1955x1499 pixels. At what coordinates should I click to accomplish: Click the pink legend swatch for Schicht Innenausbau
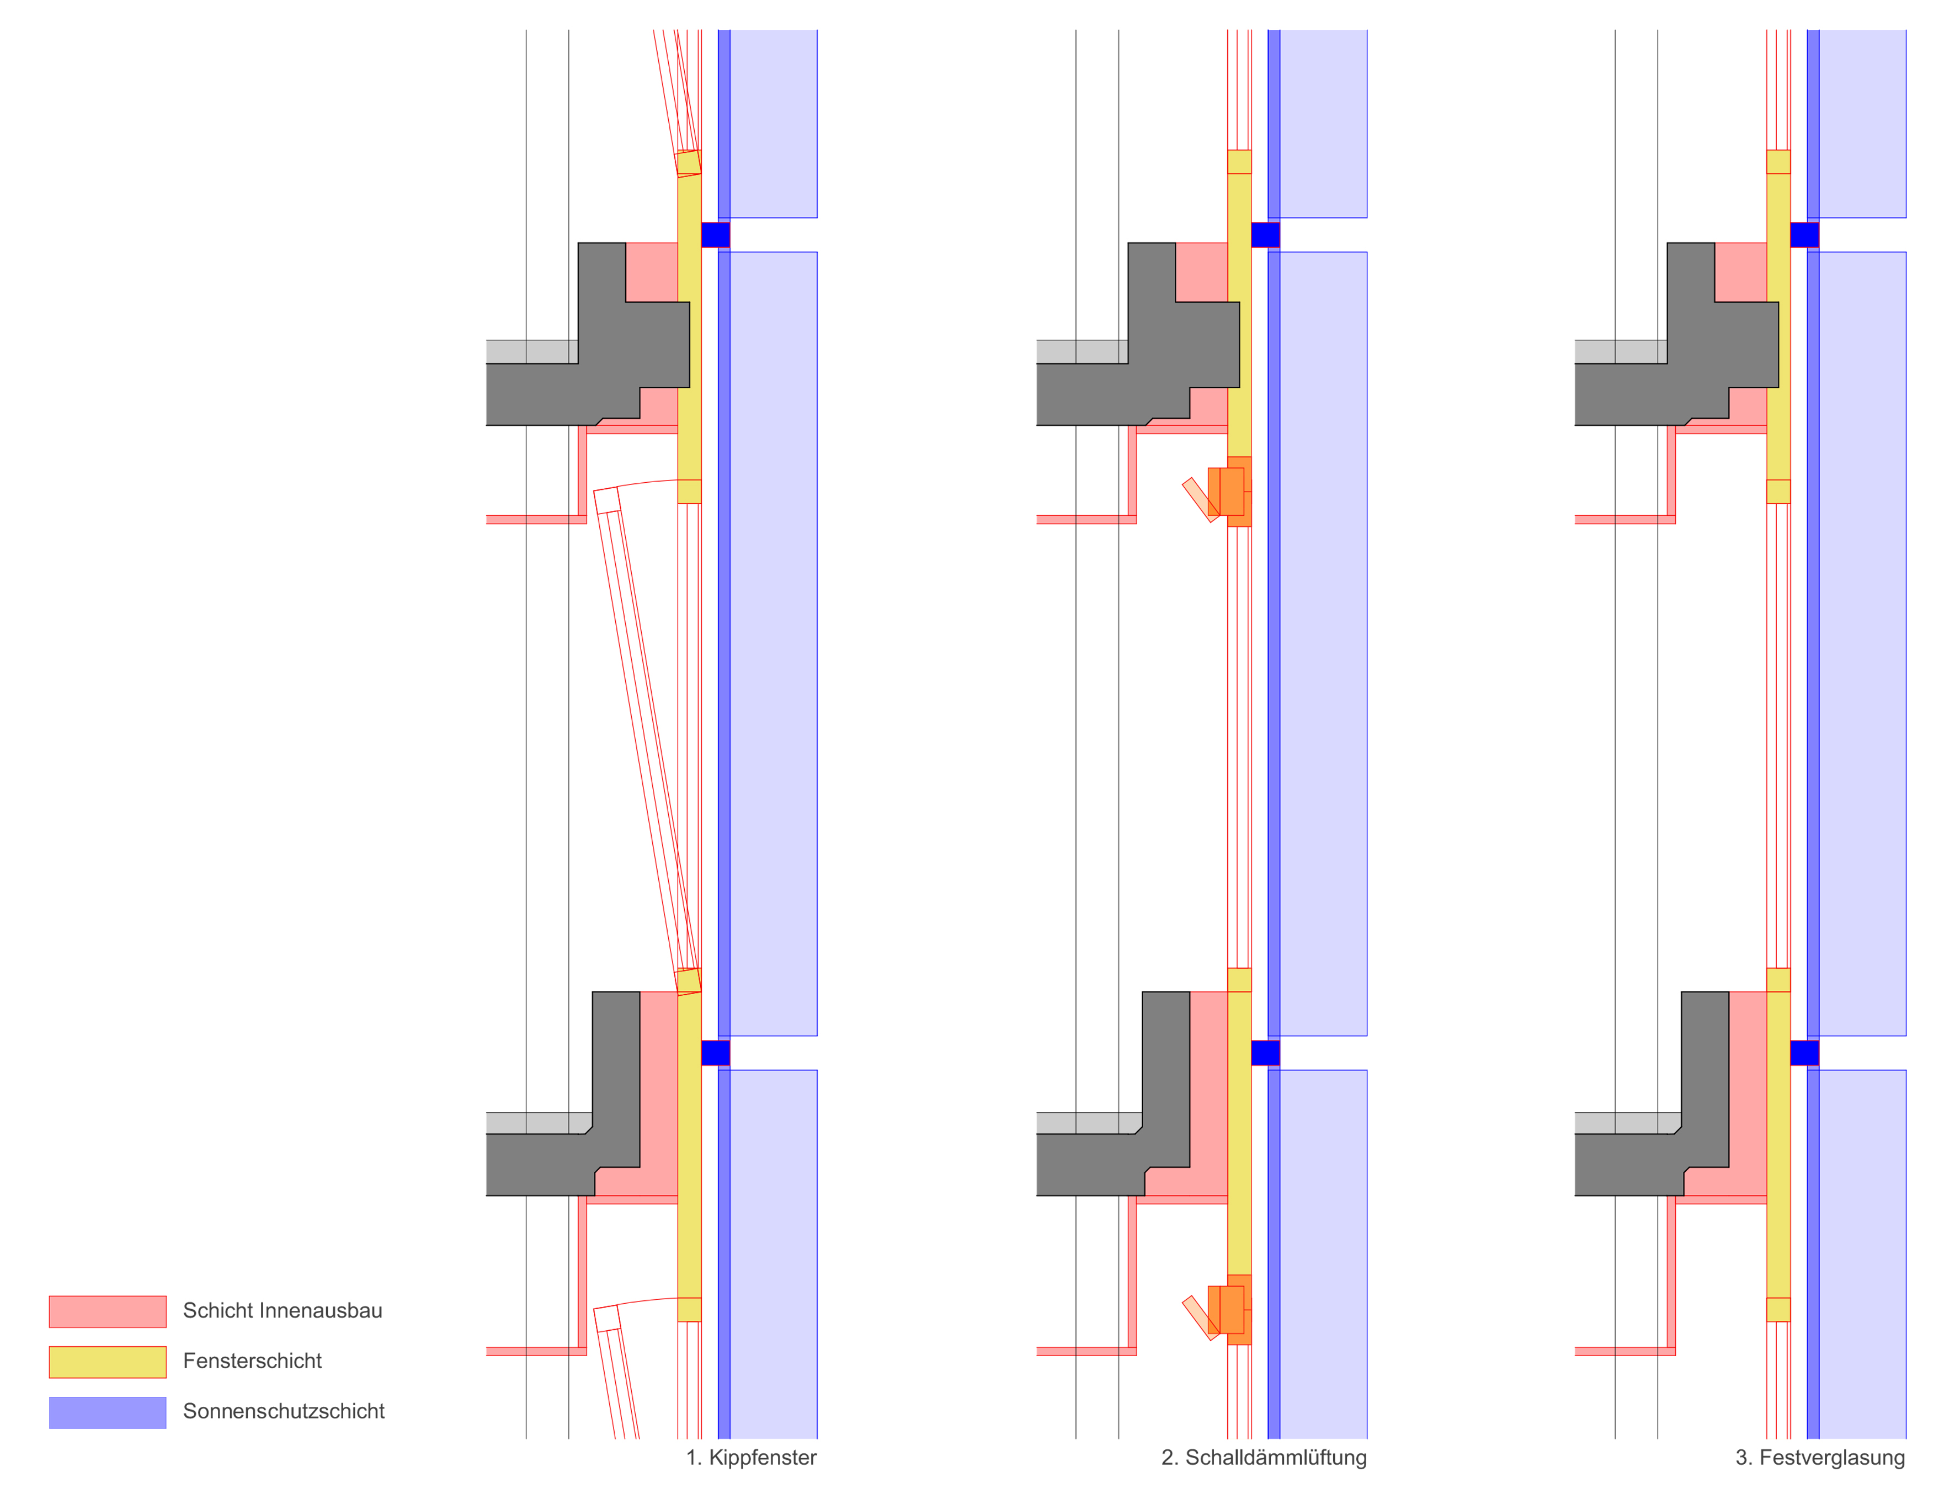click(x=107, y=1311)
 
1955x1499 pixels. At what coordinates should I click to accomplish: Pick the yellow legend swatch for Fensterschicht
click(x=107, y=1362)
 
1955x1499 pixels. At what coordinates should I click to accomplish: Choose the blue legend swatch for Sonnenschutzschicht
click(x=107, y=1412)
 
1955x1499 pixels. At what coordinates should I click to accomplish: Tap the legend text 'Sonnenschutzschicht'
click(x=284, y=1411)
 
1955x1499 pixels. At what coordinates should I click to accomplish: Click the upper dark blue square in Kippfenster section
click(x=716, y=234)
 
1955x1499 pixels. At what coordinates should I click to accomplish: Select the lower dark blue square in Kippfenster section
click(x=716, y=1053)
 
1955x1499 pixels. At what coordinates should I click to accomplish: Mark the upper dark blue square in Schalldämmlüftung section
click(x=1265, y=234)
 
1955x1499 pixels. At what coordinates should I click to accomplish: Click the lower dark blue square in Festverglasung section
click(x=1804, y=1053)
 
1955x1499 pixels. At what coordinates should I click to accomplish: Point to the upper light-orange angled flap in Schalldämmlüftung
click(x=1200, y=500)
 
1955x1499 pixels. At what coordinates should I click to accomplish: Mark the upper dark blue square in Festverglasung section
click(x=1804, y=234)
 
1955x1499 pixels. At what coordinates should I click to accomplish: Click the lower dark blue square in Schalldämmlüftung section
click(x=1265, y=1053)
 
